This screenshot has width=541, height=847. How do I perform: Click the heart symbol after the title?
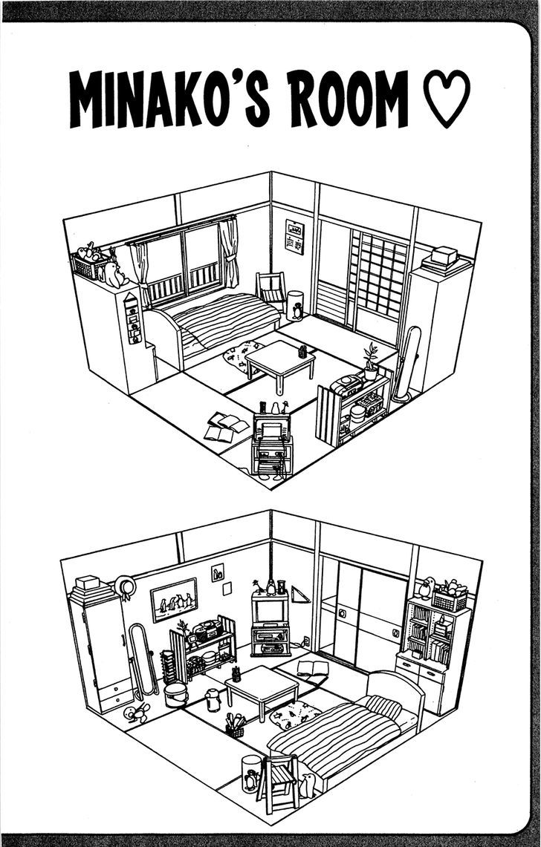click(x=446, y=99)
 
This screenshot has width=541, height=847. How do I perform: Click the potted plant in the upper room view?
click(x=371, y=362)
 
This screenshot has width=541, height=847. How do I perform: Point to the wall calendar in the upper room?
click(x=294, y=237)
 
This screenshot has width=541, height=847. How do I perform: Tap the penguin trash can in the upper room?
click(x=295, y=306)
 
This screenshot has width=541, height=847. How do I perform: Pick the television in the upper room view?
click(x=271, y=428)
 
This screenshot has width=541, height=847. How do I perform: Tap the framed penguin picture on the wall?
click(x=174, y=599)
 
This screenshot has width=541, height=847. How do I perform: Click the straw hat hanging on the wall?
click(x=124, y=586)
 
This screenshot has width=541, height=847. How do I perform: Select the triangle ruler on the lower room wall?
click(x=299, y=595)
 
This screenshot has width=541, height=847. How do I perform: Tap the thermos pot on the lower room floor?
click(x=213, y=700)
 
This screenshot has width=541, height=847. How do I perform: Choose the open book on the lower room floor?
click(x=312, y=669)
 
